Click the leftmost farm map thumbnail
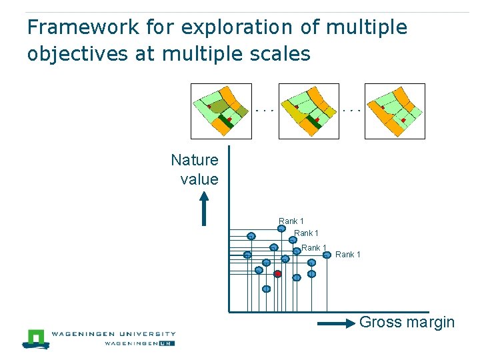pyautogui.click(x=221, y=111)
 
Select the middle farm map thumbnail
pyautogui.click(x=309, y=111)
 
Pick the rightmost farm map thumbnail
pyautogui.click(x=395, y=111)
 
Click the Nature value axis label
pyautogui.click(x=195, y=169)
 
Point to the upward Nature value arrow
pyautogui.click(x=205, y=209)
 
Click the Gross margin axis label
pyautogui.click(x=407, y=323)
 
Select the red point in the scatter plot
pyautogui.click(x=277, y=274)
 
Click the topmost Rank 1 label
pyautogui.click(x=291, y=221)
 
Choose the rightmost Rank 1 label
pyautogui.click(x=347, y=255)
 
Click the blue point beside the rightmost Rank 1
pyautogui.click(x=327, y=255)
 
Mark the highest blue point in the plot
pyautogui.click(x=281, y=229)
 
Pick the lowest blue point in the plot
pyautogui.click(x=266, y=289)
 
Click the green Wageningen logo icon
pyautogui.click(x=37, y=338)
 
